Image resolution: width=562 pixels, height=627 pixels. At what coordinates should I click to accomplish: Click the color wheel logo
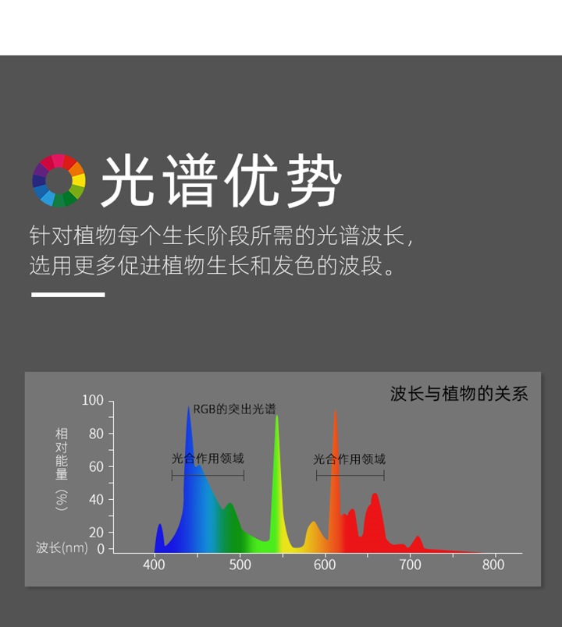59,181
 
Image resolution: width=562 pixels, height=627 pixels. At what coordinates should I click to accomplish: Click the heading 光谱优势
221,181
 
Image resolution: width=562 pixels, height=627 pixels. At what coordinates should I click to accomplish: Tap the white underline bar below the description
68,295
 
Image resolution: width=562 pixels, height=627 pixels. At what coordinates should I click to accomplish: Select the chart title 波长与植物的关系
459,394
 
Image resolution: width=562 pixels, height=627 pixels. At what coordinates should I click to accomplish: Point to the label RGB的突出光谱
235,409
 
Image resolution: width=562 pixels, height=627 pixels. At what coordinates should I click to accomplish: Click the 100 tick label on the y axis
92,400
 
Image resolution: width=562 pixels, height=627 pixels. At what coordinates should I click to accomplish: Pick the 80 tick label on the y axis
96,434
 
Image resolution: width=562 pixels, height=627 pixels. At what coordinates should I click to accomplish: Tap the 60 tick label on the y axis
96,466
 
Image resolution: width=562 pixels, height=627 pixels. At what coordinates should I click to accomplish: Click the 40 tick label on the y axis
96,500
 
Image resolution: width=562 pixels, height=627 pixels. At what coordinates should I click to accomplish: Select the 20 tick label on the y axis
96,533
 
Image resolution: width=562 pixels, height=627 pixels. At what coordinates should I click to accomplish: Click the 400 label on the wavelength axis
154,565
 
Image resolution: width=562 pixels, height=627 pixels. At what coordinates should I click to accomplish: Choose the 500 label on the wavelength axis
240,565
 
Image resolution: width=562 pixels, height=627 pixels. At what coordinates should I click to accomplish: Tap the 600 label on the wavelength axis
325,565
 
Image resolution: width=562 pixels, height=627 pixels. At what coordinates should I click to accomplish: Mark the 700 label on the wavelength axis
411,565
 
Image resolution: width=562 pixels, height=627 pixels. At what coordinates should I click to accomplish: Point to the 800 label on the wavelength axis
493,565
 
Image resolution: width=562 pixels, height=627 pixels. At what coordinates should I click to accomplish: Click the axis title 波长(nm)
62,547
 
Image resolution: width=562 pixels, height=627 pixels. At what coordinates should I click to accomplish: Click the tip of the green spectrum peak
276,416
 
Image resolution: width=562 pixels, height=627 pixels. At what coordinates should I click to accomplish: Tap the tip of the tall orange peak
336,410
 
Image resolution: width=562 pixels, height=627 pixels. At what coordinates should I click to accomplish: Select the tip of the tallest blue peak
189,407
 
